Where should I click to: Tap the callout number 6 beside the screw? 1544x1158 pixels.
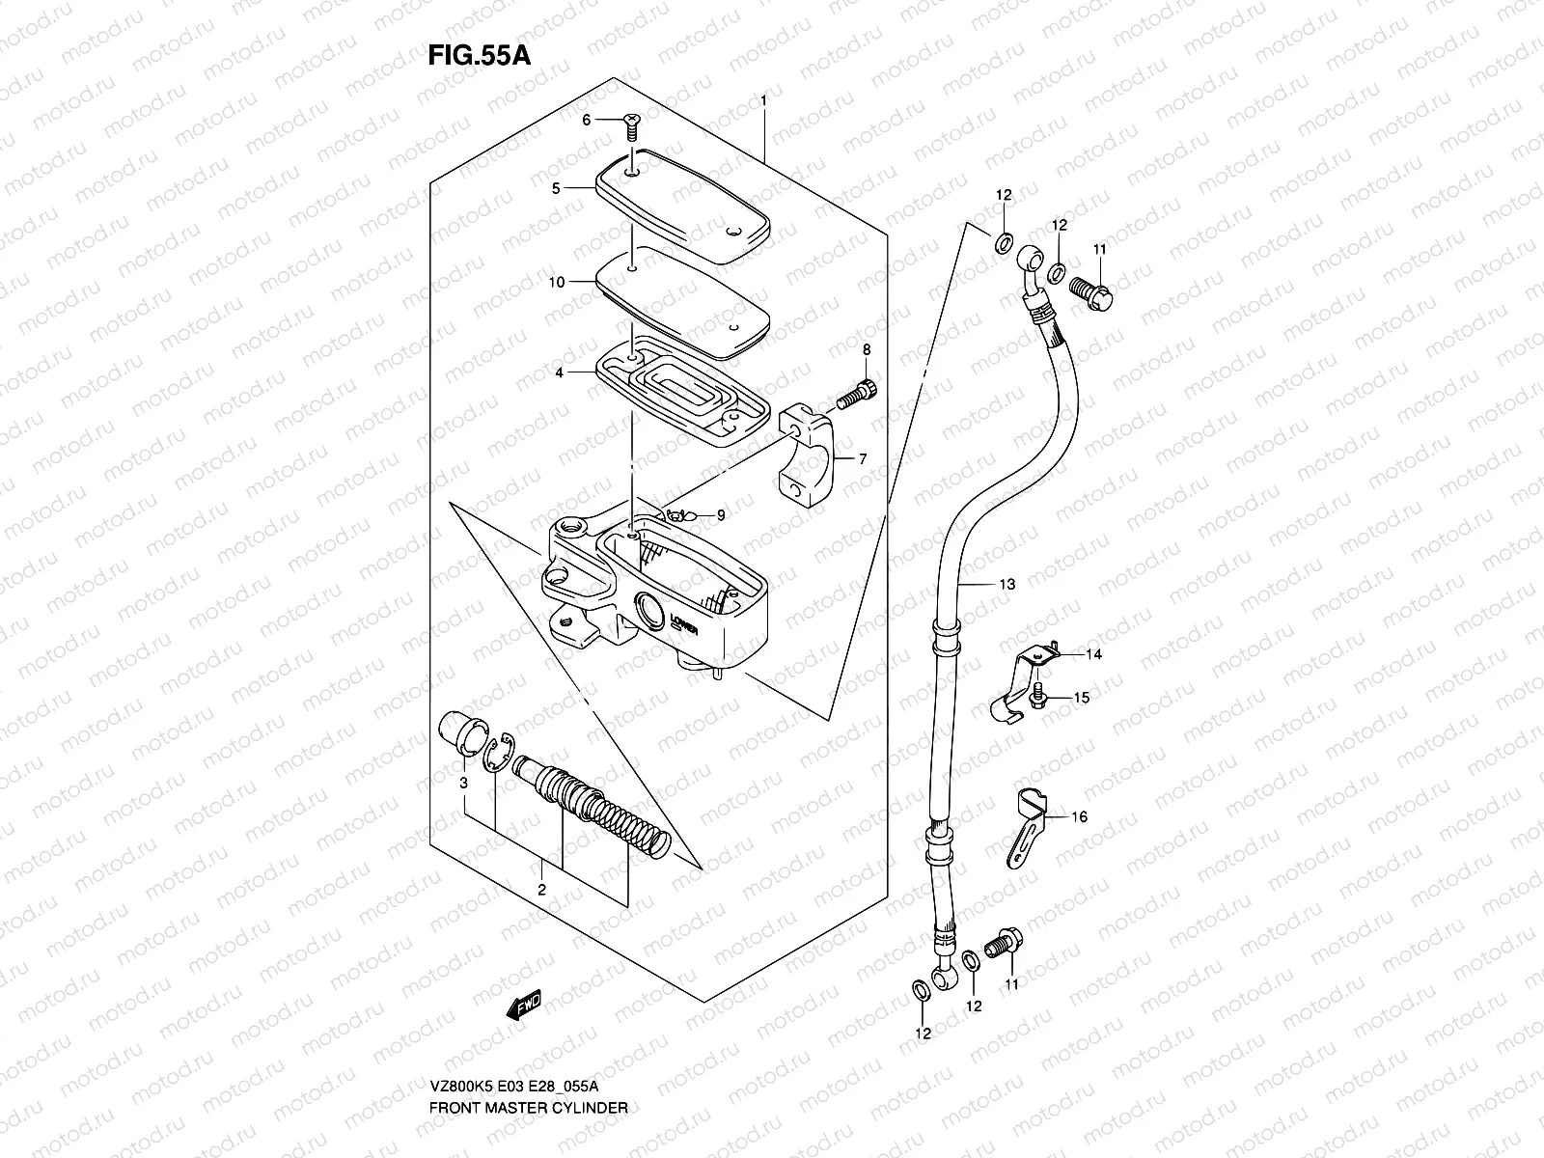tap(585, 120)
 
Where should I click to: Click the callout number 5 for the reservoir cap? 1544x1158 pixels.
tap(556, 189)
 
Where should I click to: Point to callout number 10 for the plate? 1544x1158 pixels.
tap(557, 282)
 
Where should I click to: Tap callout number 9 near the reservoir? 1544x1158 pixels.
tap(720, 515)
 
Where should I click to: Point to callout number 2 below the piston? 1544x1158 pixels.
tap(542, 890)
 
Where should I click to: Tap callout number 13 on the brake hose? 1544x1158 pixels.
tap(1006, 584)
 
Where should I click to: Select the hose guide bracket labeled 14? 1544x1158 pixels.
tap(1019, 680)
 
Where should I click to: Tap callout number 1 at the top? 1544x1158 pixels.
tap(762, 101)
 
